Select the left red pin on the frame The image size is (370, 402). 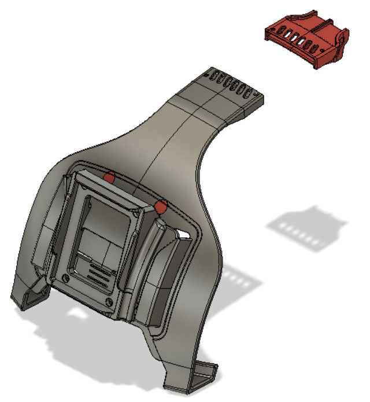[x=109, y=176]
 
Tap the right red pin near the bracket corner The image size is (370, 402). [x=161, y=205]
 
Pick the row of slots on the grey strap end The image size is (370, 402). [x=231, y=84]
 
